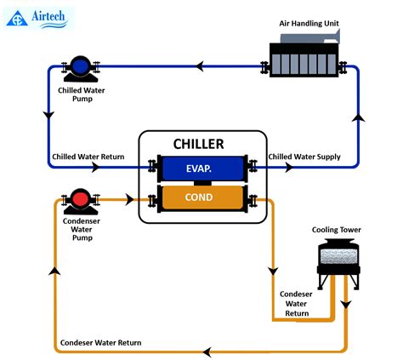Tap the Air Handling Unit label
click(309, 23)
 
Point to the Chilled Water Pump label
click(81, 93)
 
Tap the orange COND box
click(199, 199)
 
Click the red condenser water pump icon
click(81, 200)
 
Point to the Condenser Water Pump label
click(81, 231)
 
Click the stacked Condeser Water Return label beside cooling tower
click(297, 303)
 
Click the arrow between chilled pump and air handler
click(201, 66)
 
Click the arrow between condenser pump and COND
click(128, 200)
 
